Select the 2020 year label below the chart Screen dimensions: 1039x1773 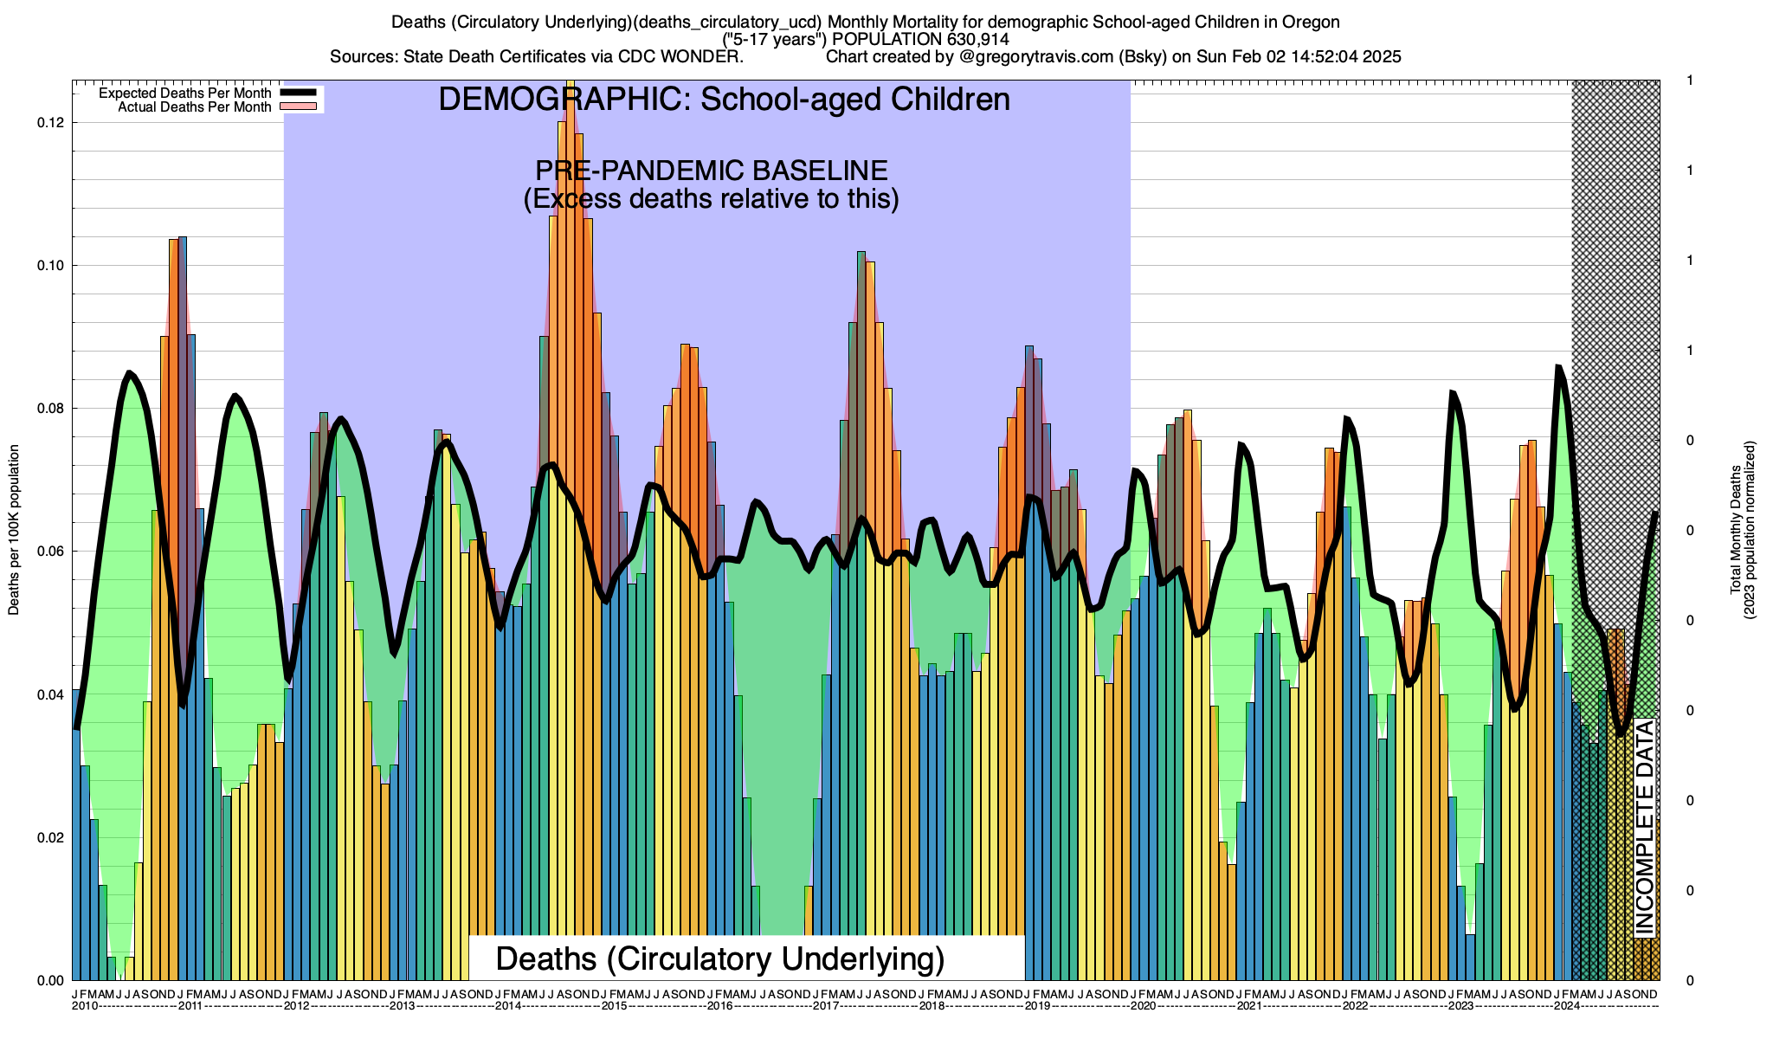(1144, 1006)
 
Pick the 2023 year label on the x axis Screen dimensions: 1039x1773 (1461, 1006)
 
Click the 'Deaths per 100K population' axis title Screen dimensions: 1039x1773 (14, 530)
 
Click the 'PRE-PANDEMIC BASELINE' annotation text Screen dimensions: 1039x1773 (711, 171)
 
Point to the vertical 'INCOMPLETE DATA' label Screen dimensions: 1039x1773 (1644, 827)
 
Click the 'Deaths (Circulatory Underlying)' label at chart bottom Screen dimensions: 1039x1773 (719, 959)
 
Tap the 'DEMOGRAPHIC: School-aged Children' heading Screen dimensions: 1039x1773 (724, 100)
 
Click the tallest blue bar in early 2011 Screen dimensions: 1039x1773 (183, 606)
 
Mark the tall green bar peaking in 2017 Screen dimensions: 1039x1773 (861, 606)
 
